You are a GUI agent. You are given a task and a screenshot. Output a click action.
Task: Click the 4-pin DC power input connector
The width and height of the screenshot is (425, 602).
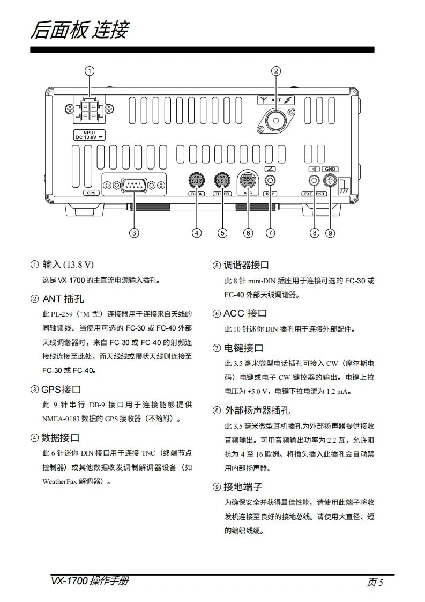(90, 111)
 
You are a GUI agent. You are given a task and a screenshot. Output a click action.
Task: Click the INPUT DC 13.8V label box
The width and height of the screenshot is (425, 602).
(89, 135)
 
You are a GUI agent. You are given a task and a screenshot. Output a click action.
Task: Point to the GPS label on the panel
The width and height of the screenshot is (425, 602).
(91, 193)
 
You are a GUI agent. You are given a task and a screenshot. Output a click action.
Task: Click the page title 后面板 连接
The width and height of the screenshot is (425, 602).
(79, 31)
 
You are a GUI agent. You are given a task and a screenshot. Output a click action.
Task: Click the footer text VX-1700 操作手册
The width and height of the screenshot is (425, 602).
(90, 581)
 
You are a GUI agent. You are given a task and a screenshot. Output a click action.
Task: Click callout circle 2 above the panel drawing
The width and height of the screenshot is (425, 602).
(275, 70)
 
